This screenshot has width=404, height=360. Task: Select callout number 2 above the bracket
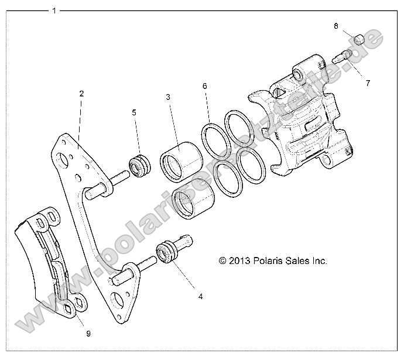pos(81,93)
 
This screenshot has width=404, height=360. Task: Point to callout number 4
pos(200,297)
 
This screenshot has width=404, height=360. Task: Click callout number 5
pos(133,112)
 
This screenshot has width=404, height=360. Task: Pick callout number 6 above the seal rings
pos(204,86)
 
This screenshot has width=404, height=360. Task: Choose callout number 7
pos(368,83)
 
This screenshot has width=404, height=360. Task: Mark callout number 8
pos(336,26)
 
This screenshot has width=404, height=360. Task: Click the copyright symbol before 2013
pos(222,261)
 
